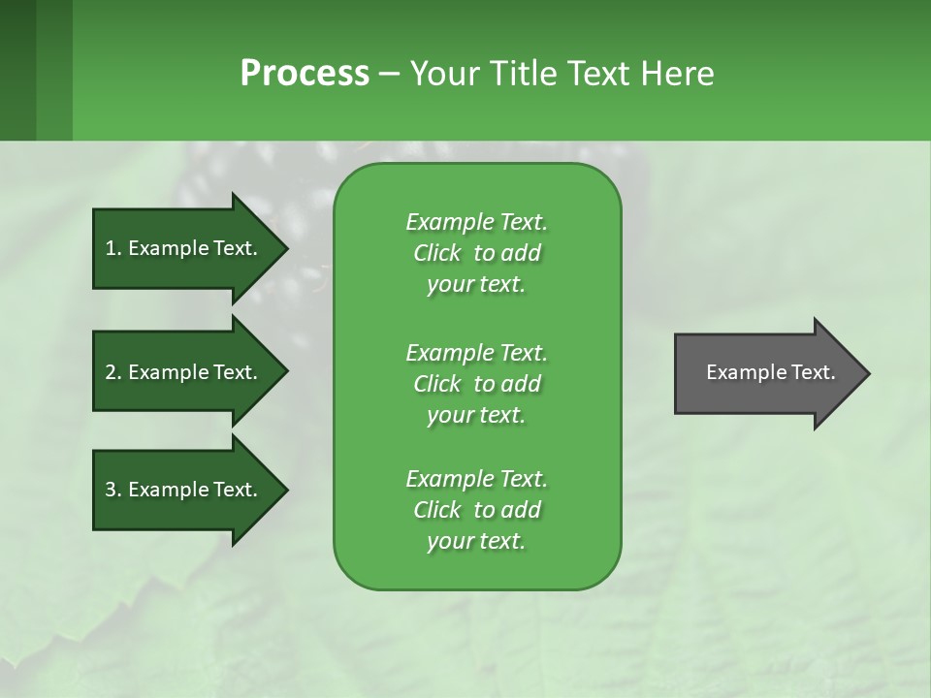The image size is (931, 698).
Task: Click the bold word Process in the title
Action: [305, 74]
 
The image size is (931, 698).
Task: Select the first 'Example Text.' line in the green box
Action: [476, 222]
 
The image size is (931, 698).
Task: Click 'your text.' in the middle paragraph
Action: [475, 415]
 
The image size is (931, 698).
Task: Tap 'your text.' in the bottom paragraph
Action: [475, 541]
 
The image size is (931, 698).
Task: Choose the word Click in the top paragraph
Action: [437, 253]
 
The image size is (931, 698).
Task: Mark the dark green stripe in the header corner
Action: [17, 70]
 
